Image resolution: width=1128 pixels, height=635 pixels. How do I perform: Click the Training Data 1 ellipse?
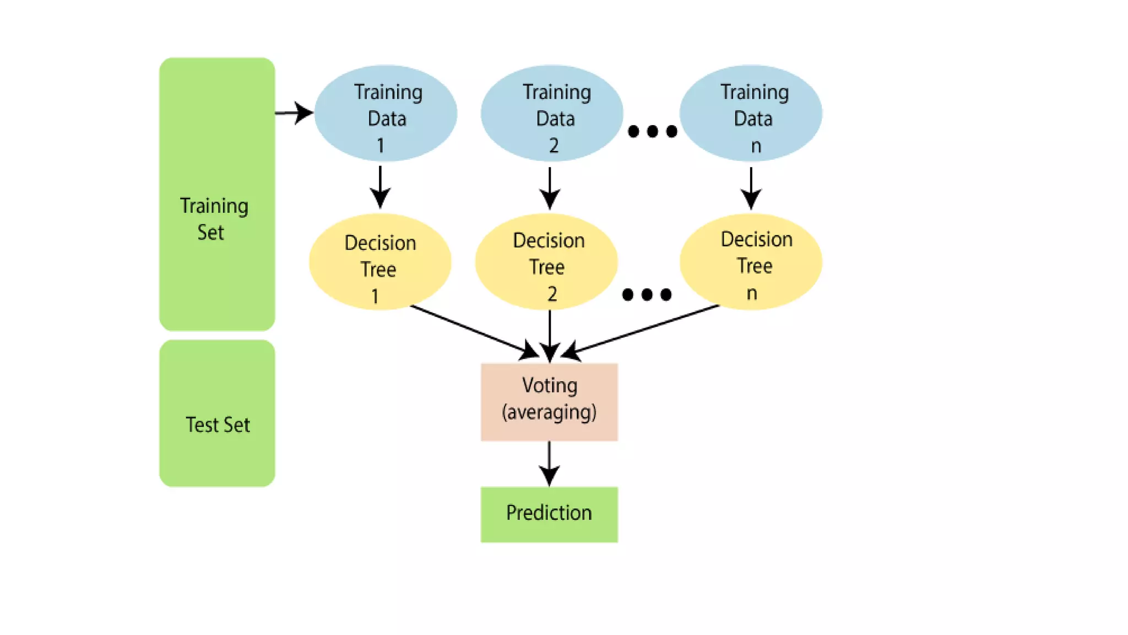point(386,113)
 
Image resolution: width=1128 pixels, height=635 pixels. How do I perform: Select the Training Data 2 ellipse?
point(552,113)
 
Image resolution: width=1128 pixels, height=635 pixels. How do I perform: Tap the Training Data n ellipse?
point(751,113)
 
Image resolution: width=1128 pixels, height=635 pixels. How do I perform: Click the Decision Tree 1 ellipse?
point(380,262)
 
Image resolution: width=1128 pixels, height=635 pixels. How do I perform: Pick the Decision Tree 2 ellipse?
point(546,262)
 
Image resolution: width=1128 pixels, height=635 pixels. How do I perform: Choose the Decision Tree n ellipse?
point(751,262)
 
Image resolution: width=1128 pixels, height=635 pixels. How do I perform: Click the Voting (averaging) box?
point(549,402)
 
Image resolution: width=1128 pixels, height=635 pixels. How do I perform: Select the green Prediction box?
point(549,514)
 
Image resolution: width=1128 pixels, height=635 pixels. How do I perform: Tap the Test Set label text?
point(218,425)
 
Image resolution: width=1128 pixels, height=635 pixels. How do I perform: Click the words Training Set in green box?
point(214,218)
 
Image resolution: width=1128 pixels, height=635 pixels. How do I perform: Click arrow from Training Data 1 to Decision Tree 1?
point(380,187)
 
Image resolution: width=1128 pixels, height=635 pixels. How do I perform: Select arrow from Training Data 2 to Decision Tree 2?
point(550,187)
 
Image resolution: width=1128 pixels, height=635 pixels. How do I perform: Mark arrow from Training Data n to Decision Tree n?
point(751,187)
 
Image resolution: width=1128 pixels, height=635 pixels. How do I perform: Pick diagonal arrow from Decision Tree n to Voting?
point(644,330)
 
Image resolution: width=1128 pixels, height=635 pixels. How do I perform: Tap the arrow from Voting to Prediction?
point(549,462)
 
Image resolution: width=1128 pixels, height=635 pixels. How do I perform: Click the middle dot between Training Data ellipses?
point(653,131)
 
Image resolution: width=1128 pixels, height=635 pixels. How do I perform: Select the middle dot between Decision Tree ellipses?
point(647,294)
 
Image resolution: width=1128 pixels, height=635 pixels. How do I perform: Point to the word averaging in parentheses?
point(549,412)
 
